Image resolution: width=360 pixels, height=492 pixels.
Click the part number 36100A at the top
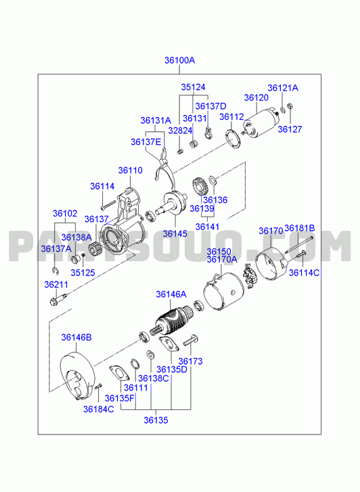[180, 60]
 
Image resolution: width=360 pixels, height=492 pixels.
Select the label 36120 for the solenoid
[256, 98]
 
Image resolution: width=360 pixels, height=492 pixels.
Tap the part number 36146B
[76, 337]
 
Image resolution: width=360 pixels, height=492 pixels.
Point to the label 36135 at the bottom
[156, 420]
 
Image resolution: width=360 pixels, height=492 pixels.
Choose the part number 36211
[56, 285]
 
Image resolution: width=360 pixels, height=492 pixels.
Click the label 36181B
[299, 228]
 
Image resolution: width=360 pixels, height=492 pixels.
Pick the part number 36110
[130, 171]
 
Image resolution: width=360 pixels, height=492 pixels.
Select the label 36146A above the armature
[171, 294]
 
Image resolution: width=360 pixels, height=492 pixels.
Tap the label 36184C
[99, 409]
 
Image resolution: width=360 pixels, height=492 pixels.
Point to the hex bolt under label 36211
[58, 298]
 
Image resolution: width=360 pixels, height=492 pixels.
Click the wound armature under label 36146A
[172, 321]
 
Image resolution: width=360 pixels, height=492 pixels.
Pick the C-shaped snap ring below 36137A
[55, 271]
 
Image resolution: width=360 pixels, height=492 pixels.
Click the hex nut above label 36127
[290, 106]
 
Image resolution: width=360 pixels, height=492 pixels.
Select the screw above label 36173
[191, 340]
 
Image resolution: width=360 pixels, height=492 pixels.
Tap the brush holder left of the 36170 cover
[250, 276]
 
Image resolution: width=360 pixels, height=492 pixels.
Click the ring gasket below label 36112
[233, 138]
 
